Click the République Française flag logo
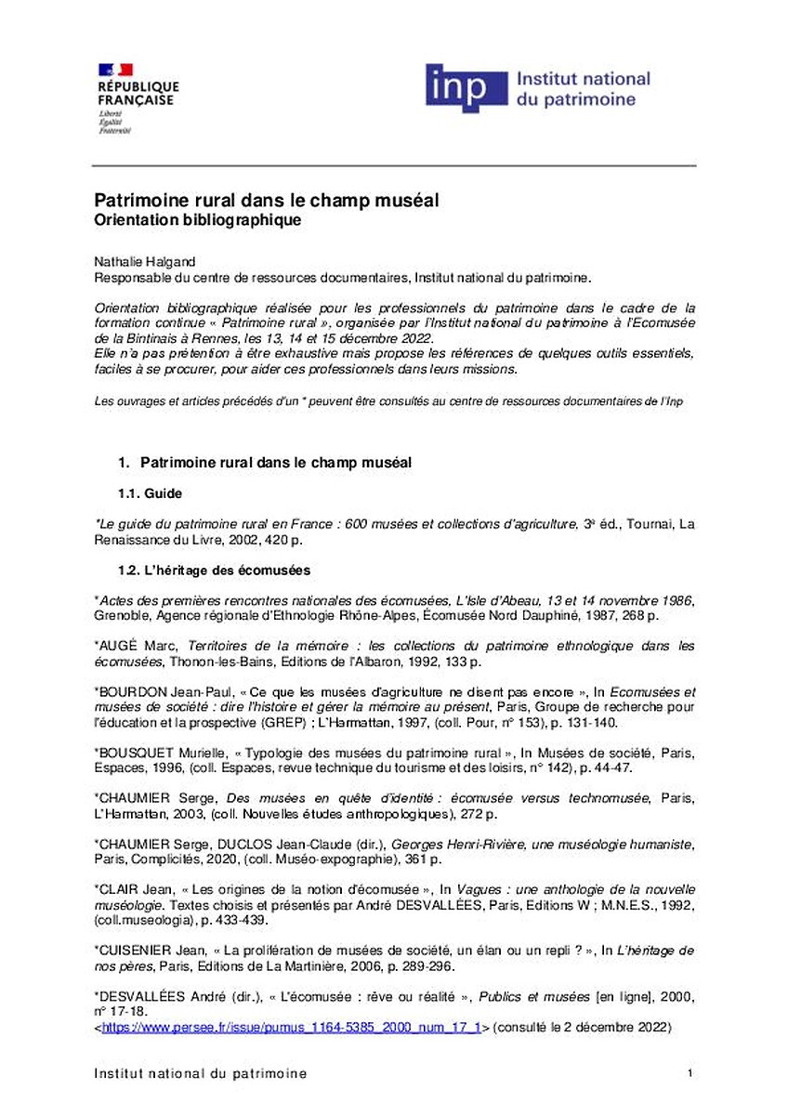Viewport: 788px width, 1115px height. (115, 70)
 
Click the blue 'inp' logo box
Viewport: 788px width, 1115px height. (466, 89)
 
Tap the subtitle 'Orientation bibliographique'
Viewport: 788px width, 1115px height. (198, 220)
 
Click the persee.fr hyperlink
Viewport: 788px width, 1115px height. (291, 1028)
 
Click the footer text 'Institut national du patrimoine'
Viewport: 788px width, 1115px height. (201, 1074)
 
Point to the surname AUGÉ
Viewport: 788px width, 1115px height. (123, 645)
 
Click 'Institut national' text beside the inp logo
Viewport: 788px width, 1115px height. (583, 80)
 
